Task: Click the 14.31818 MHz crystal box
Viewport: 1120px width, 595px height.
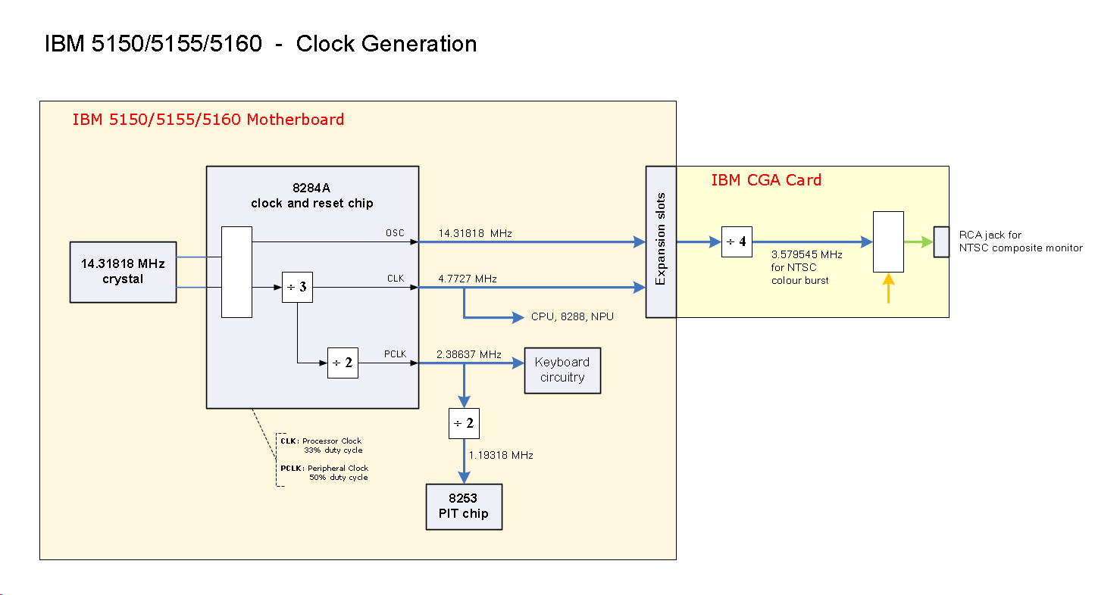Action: coord(123,272)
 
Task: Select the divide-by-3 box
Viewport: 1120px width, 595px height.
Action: coord(297,287)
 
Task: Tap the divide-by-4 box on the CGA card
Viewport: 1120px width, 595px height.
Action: coord(737,241)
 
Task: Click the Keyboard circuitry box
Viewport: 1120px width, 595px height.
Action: coord(562,370)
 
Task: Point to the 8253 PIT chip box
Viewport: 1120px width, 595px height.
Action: coord(464,506)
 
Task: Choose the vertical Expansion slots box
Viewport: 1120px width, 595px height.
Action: coord(661,241)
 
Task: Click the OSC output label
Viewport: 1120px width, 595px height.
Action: coord(395,233)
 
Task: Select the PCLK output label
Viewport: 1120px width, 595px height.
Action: coord(395,354)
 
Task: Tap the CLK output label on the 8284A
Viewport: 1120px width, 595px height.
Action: coord(396,279)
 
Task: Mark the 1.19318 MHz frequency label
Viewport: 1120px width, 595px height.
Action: coord(501,455)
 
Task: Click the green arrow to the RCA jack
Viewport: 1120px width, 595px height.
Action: coord(918,242)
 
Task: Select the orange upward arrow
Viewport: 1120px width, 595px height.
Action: coord(888,288)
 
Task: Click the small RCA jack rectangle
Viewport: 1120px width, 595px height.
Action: coord(941,241)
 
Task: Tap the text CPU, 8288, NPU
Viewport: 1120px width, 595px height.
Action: coord(572,316)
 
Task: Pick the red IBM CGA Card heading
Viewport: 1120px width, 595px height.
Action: coord(766,180)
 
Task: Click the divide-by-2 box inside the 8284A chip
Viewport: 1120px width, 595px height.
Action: coord(343,363)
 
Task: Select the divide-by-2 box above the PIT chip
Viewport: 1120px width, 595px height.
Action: coord(464,423)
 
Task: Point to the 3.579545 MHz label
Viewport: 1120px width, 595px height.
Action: coord(806,255)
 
